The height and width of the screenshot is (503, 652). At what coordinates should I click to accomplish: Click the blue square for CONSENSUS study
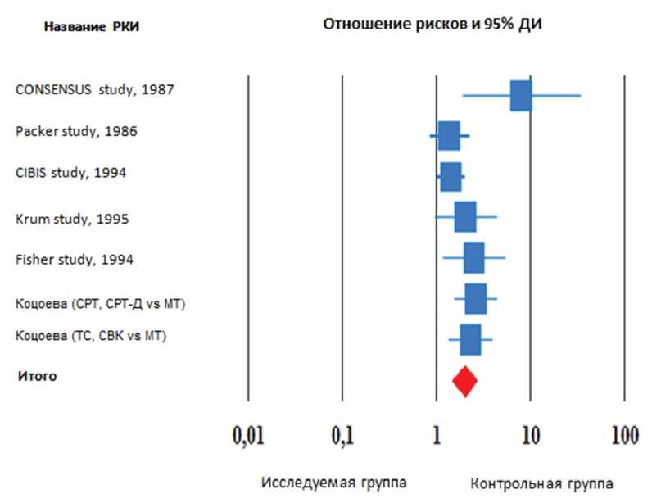521,96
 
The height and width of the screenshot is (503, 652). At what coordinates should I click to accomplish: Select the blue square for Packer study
449,136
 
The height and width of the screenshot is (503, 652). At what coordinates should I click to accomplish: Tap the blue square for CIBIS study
451,176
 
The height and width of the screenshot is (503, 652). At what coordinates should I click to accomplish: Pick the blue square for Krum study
465,217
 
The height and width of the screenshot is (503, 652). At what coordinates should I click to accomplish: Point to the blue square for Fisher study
473,258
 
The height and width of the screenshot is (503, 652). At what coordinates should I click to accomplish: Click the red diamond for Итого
464,381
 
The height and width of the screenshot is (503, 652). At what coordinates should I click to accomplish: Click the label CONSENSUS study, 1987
95,89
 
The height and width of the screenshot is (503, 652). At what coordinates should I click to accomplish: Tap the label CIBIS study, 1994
72,173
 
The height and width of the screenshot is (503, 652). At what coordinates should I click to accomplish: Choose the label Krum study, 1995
72,219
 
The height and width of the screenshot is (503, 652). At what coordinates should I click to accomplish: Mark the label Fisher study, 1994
75,260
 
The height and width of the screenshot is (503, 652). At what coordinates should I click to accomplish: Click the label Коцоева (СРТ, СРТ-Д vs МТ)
101,304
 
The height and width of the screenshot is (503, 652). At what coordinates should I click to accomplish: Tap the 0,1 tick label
342,435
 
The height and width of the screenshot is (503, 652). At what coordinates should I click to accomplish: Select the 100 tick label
624,435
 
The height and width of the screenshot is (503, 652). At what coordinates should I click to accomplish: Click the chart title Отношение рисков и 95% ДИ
432,24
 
